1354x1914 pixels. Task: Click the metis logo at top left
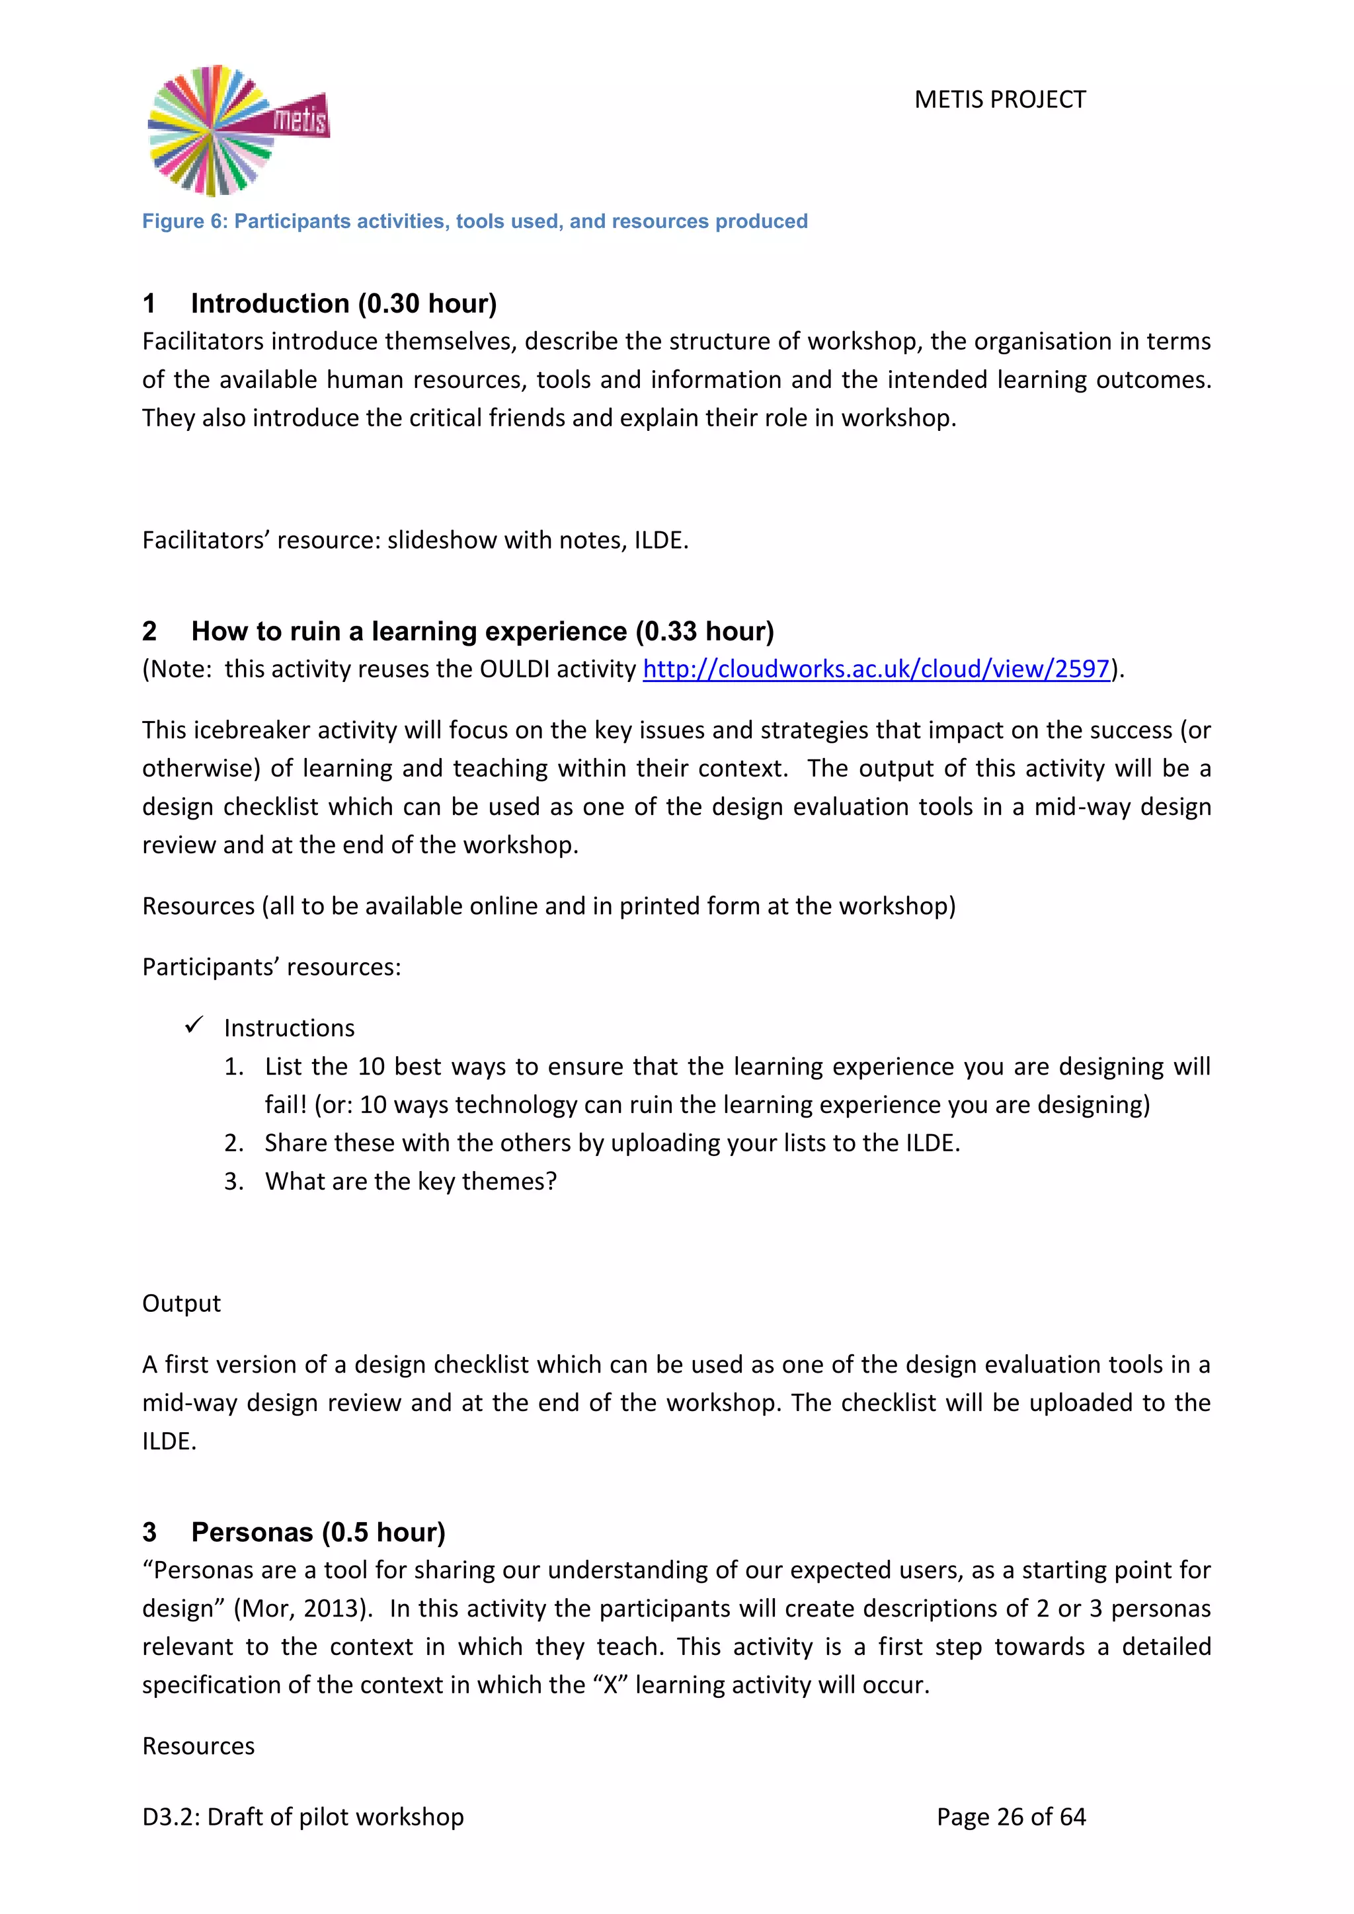pyautogui.click(x=237, y=130)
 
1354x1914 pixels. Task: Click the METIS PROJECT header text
pyautogui.click(x=999, y=100)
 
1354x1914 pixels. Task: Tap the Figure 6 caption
pyautogui.click(x=475, y=221)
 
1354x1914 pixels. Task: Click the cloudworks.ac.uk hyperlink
pyautogui.click(x=875, y=669)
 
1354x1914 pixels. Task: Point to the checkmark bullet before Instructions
pyautogui.click(x=194, y=1024)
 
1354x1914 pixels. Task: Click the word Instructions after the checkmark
pyautogui.click(x=288, y=1028)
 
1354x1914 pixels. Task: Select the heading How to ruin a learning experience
pyautogui.click(x=482, y=631)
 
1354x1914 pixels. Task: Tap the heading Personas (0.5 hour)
pyautogui.click(x=317, y=1532)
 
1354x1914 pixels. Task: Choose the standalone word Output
pyautogui.click(x=181, y=1303)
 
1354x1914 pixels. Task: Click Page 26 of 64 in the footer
pyautogui.click(x=1010, y=1816)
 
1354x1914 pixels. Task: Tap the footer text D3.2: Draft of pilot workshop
pyautogui.click(x=303, y=1816)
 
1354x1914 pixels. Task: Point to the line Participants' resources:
pyautogui.click(x=271, y=967)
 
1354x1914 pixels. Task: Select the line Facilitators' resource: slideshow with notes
pyautogui.click(x=415, y=540)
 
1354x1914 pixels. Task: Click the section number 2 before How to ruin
pyautogui.click(x=149, y=631)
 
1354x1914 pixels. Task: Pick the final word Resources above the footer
pyautogui.click(x=198, y=1745)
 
